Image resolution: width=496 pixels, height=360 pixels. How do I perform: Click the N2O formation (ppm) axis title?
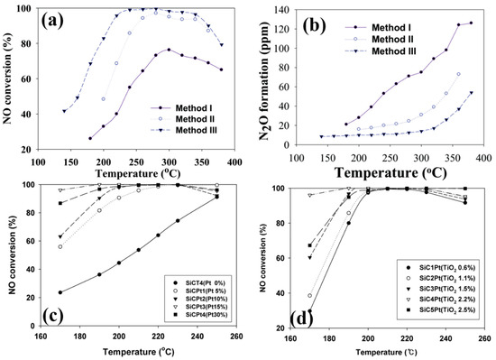262,75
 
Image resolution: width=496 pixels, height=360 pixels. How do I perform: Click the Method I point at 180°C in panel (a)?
89,138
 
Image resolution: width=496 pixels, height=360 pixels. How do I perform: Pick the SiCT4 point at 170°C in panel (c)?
60,292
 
